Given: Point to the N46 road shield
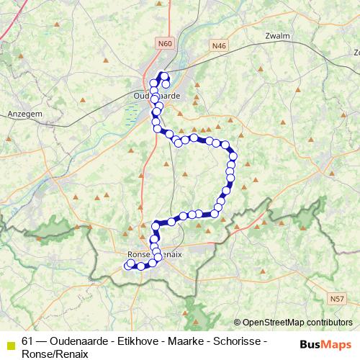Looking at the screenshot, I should tap(219, 45).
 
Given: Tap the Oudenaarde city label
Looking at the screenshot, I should tap(156, 96).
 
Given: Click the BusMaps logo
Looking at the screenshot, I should tap(326, 343).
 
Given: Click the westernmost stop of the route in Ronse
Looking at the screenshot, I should tap(128, 266).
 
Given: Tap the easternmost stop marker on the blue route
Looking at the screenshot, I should tap(233, 156).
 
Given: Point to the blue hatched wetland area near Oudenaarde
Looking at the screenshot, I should tap(132, 114).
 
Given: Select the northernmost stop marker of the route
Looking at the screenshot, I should tap(163, 76).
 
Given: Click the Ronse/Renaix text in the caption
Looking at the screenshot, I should tap(55, 354).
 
